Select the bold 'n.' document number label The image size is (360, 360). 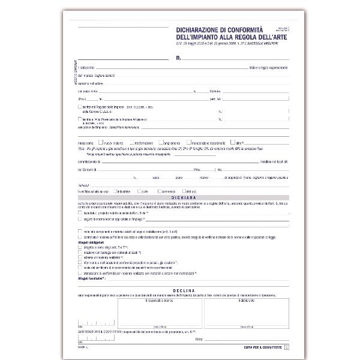click(178, 58)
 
